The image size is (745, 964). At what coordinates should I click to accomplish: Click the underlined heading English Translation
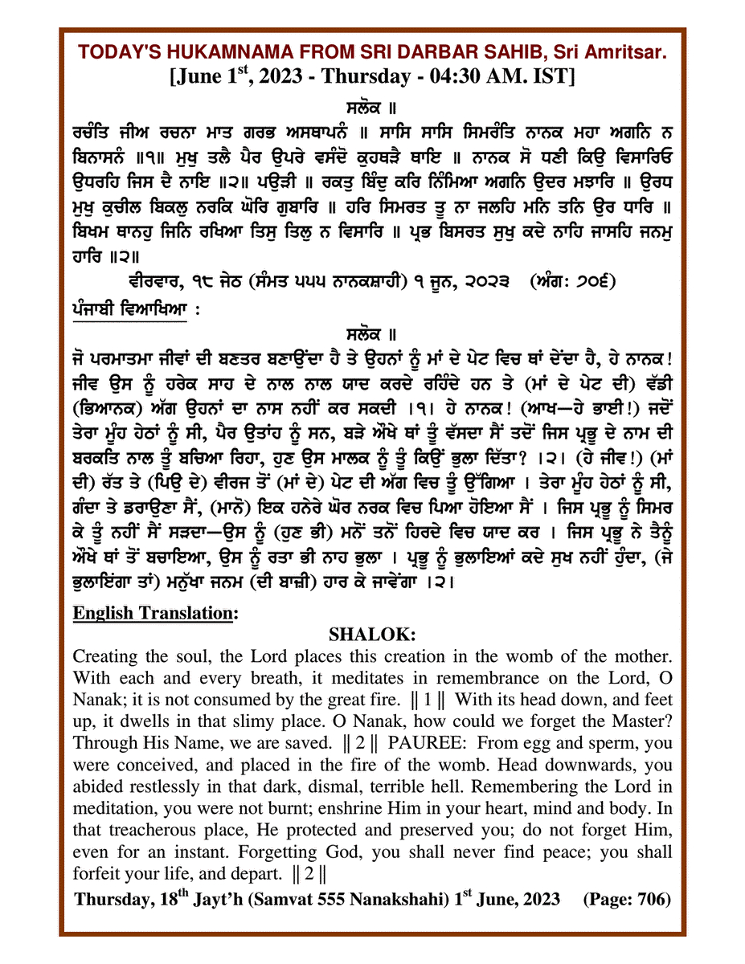click(154, 613)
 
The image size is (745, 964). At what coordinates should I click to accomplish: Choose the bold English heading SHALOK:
click(372, 635)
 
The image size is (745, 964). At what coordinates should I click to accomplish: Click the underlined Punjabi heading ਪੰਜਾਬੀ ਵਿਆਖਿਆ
click(129, 308)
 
